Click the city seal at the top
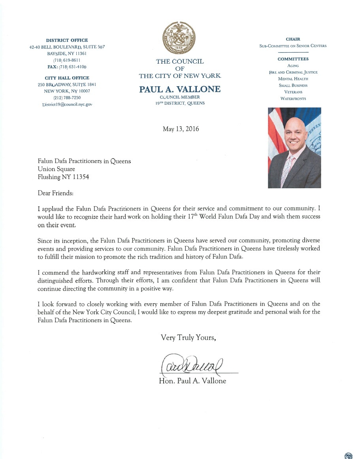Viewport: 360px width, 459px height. (x=180, y=39)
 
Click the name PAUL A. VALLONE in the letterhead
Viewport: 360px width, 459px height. (x=180, y=90)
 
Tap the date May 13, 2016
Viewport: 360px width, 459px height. (x=181, y=129)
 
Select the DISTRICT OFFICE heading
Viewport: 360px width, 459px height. (x=67, y=40)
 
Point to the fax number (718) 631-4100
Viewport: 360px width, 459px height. (x=67, y=66)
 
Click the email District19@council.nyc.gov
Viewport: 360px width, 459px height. (x=67, y=104)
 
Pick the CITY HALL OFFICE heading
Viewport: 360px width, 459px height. (x=67, y=78)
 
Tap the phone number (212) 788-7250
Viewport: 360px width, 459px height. (x=67, y=98)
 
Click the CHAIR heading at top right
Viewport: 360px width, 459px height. (x=293, y=39)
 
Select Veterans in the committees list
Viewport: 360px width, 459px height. (x=293, y=92)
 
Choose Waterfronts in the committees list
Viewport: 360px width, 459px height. (x=293, y=98)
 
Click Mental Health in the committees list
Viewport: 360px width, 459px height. (x=293, y=79)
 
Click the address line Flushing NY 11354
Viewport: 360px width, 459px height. (x=63, y=177)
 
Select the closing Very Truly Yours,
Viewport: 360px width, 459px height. (x=188, y=338)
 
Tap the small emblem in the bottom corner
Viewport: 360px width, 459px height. (x=348, y=455)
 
